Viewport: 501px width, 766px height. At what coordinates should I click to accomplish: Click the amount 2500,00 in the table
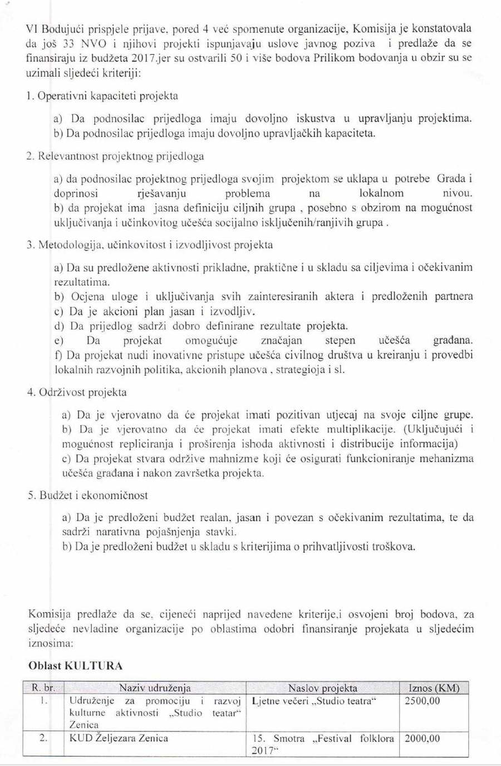pyautogui.click(x=422, y=701)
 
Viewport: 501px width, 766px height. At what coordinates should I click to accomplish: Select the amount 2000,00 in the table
pyautogui.click(x=422, y=739)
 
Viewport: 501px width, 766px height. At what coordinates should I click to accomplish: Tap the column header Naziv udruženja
pyautogui.click(x=155, y=688)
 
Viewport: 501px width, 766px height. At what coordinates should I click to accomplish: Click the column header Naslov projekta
pyautogui.click(x=323, y=688)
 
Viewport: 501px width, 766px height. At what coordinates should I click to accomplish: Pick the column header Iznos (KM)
pyautogui.click(x=434, y=688)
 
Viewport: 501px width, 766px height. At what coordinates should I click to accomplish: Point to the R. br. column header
pyautogui.click(x=43, y=688)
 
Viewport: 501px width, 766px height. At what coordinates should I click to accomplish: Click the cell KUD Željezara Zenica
pyautogui.click(x=119, y=738)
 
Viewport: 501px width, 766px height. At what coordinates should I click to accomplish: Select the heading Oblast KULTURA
pyautogui.click(x=75, y=666)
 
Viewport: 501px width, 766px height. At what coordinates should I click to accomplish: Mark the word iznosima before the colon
pyautogui.click(x=49, y=643)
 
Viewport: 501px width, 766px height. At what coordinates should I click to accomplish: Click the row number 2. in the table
pyautogui.click(x=43, y=738)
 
